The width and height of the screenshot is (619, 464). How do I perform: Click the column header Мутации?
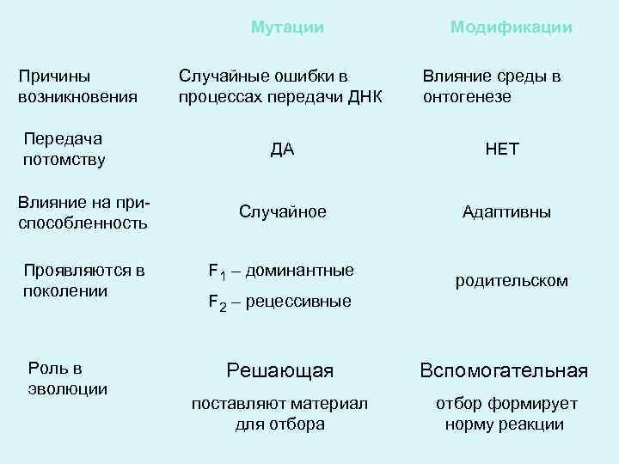287,27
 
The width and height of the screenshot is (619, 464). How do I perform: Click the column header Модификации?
511,27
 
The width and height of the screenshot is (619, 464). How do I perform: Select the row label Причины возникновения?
78,87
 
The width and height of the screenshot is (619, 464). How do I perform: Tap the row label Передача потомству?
64,149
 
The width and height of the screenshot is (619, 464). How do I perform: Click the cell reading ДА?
282,150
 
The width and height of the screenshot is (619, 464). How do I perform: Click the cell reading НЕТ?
502,150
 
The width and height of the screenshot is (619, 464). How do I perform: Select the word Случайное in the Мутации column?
282,211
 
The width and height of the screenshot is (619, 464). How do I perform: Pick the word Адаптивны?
506,211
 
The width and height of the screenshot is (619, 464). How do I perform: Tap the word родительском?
511,281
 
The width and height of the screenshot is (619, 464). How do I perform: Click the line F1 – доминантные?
281,272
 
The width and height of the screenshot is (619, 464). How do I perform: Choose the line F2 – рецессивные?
279,302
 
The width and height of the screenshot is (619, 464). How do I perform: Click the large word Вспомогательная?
503,371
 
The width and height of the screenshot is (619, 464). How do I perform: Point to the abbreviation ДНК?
364,96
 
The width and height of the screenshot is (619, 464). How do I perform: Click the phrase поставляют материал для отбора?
279,413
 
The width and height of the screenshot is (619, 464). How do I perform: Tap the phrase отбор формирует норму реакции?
506,413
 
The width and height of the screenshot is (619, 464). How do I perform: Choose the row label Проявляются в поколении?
83,281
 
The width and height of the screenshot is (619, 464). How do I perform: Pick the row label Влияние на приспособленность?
83,213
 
